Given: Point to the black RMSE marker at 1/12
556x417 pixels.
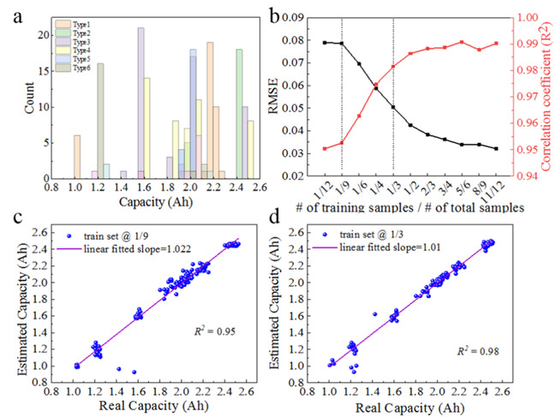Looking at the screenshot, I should click(x=325, y=42).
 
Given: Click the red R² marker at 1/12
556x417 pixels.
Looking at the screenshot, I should click(x=325, y=148).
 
